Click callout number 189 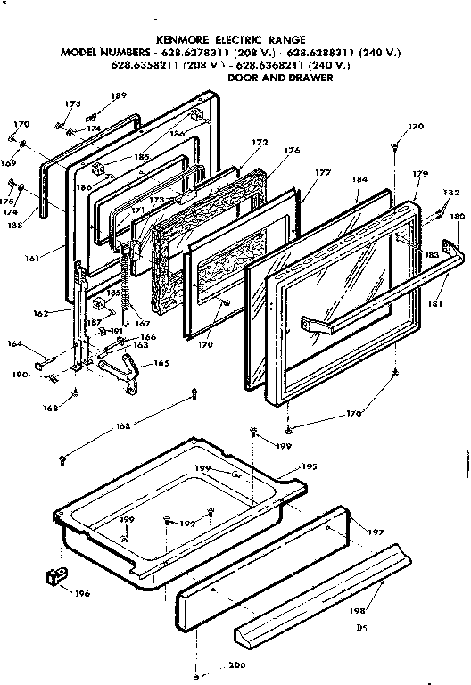click(x=118, y=95)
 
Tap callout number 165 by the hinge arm click(x=161, y=363)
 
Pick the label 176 click(x=292, y=151)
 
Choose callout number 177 click(x=322, y=173)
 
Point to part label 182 click(x=450, y=193)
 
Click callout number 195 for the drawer click(x=308, y=466)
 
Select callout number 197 click(x=376, y=532)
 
